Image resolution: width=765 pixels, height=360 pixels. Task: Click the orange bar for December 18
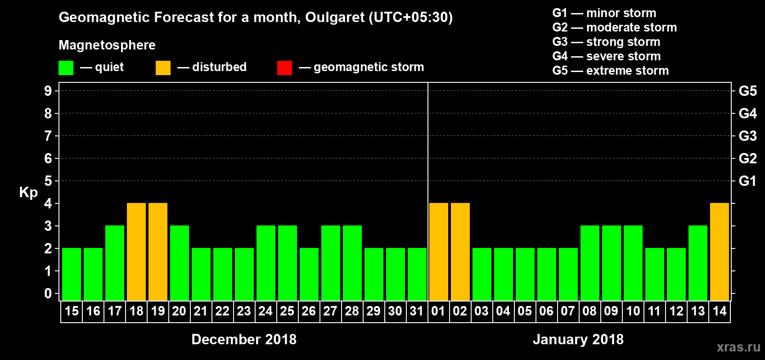pos(136,252)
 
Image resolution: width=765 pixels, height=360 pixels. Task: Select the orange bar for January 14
pos(720,252)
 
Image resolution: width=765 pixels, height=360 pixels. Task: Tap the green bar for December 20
pos(180,263)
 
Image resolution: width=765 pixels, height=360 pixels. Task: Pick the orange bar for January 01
pos(439,252)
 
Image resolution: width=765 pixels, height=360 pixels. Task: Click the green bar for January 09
pos(612,263)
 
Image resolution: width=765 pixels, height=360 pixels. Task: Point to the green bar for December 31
pos(417,274)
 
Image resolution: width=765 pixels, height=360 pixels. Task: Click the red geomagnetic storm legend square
pos(284,68)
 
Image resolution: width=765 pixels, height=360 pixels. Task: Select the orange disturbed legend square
pos(163,68)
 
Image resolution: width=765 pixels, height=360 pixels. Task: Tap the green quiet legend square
pos(66,68)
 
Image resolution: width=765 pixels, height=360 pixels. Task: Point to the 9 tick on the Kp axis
pos(48,91)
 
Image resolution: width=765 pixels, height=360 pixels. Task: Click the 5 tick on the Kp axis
pos(48,181)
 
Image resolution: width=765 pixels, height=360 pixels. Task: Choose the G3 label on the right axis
pos(747,136)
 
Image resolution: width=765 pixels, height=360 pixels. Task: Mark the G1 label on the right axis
pos(747,181)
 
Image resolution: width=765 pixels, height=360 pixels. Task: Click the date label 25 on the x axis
pos(287,311)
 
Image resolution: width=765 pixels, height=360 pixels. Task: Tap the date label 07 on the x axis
pos(568,311)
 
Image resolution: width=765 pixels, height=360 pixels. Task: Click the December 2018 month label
pos(244,339)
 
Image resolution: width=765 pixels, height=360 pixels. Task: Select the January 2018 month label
pos(578,339)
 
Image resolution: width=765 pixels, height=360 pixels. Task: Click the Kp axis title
pos(28,193)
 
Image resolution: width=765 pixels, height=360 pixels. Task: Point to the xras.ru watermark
pos(738,347)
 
